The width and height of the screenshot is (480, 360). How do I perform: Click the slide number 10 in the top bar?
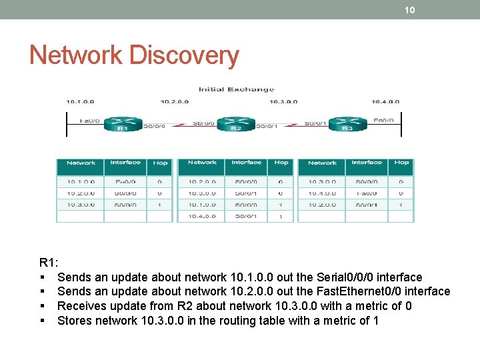tap(410, 9)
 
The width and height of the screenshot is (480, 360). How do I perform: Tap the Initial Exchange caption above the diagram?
tap(236, 89)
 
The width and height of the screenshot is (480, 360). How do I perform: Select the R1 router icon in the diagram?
tap(123, 124)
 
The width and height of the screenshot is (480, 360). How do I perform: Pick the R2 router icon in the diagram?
tap(235, 124)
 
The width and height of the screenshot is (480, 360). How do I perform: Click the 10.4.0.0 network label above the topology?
tap(385, 102)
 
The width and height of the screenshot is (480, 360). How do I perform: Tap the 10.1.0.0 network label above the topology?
tap(80, 102)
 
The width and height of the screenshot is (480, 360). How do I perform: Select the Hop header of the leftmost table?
tap(161, 163)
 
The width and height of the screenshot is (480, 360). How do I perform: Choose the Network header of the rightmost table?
tap(322, 163)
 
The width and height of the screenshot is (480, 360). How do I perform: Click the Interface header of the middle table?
tap(247, 163)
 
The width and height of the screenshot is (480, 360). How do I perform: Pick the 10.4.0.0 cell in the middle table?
tap(202, 217)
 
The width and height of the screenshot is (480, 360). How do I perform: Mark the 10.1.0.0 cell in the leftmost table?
tap(81, 181)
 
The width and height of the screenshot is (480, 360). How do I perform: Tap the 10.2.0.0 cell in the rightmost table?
tap(322, 205)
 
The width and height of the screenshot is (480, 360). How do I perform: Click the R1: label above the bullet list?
tap(49, 263)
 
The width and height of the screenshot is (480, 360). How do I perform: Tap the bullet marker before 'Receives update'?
tap(42, 306)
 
